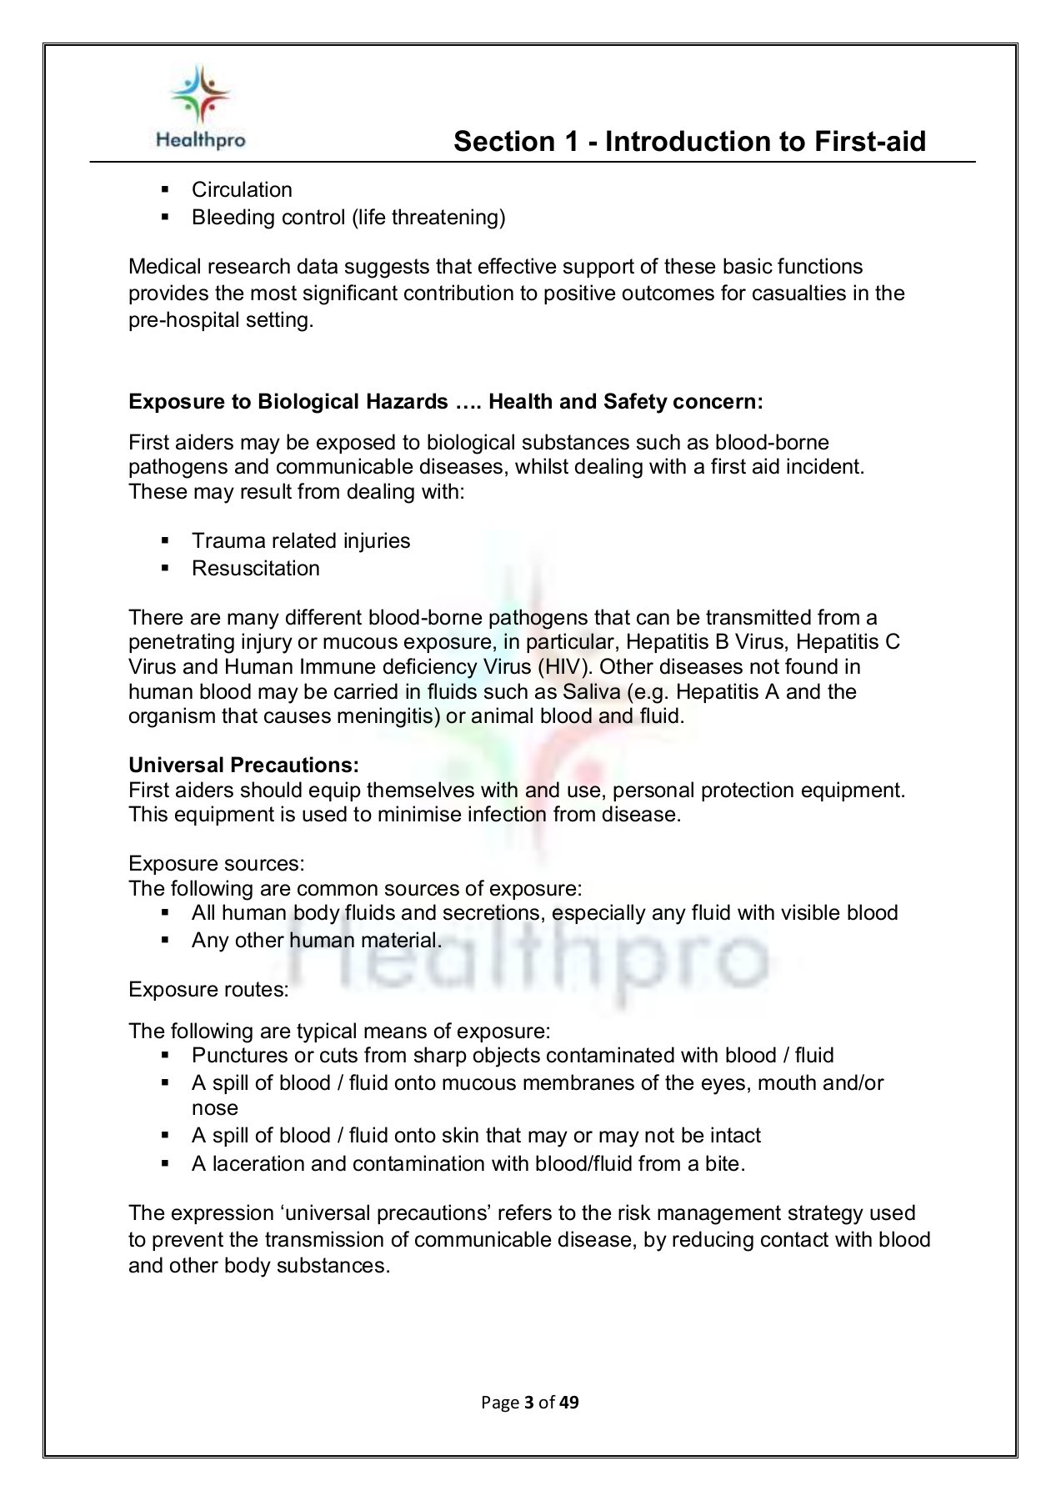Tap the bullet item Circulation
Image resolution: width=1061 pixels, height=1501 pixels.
point(242,190)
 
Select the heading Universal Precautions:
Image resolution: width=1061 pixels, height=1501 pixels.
point(243,765)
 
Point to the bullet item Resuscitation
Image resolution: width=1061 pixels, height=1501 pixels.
point(255,569)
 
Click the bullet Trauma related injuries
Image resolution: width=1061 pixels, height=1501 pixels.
point(301,541)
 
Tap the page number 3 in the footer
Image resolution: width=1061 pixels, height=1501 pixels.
point(528,1402)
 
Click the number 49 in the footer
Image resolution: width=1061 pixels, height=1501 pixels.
point(568,1402)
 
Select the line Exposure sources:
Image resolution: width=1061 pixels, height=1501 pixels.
point(217,863)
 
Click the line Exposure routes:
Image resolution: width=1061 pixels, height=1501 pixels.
point(208,990)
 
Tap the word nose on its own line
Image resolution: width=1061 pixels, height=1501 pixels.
point(214,1108)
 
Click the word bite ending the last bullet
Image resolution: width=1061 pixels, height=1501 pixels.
point(722,1163)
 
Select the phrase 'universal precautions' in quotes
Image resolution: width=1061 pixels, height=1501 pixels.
point(363,1213)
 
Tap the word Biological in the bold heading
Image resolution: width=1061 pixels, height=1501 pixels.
point(311,402)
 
